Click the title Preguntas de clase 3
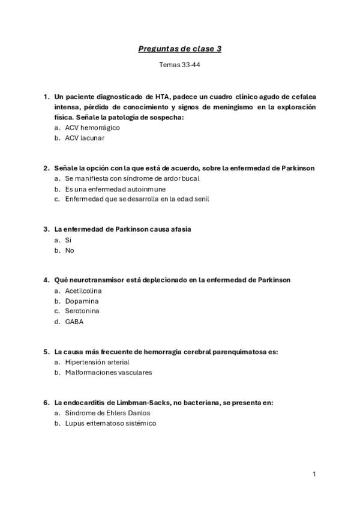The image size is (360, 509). (x=179, y=49)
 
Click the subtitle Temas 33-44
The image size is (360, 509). (x=179, y=65)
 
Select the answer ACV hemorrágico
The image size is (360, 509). (x=92, y=128)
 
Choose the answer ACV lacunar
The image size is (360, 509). (x=85, y=138)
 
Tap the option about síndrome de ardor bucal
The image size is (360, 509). (x=132, y=178)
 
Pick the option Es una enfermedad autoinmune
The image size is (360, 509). (x=115, y=189)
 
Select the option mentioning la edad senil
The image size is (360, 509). (x=137, y=199)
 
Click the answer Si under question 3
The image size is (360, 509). (x=68, y=240)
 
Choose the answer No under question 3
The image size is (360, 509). (x=70, y=250)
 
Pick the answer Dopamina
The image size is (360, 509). (x=82, y=301)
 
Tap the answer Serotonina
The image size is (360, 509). (x=82, y=311)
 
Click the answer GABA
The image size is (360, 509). (x=74, y=322)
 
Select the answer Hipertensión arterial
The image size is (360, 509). (x=97, y=362)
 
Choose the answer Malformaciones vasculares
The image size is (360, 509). (x=109, y=372)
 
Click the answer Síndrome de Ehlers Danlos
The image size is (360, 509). (x=107, y=413)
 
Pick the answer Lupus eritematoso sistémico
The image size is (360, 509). (x=110, y=423)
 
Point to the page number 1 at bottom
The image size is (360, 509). (x=314, y=474)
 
